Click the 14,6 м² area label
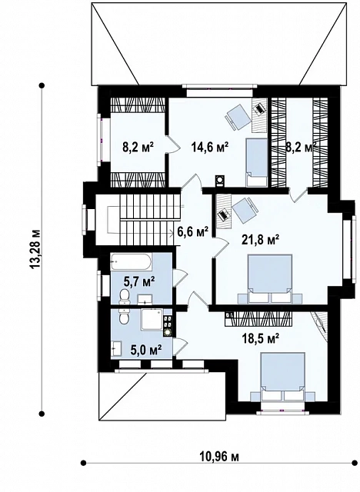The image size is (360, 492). [210, 147]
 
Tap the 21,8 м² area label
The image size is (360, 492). [261, 240]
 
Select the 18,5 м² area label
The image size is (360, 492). [261, 338]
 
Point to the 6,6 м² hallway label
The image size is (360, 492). [193, 232]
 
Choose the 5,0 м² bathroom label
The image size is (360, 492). [147, 349]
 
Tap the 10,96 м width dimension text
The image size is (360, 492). [219, 457]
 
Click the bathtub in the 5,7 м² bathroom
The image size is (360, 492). [132, 261]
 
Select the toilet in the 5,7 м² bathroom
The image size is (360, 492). [125, 297]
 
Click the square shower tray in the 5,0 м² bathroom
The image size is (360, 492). [152, 320]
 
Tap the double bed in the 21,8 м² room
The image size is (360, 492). [270, 278]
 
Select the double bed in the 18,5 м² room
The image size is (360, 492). [282, 377]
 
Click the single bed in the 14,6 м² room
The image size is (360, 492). [256, 162]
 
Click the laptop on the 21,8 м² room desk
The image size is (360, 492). [223, 215]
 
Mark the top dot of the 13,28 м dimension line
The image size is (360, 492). [42, 85]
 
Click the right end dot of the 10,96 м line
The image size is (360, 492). [355, 463]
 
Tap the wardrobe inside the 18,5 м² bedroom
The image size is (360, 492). [258, 318]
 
